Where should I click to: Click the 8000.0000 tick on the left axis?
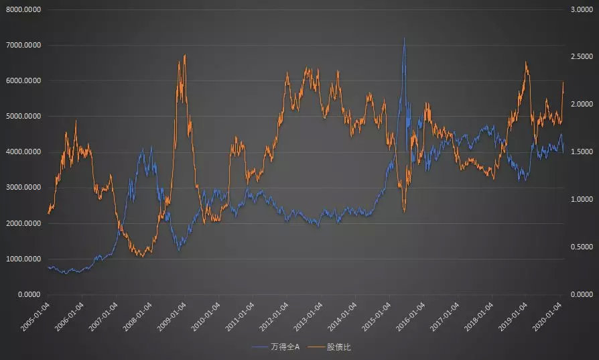(23, 10)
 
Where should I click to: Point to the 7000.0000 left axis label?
(23, 46)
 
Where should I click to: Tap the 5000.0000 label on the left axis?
(23, 117)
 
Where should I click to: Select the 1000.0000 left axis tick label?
(23, 259)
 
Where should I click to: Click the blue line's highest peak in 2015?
(404, 38)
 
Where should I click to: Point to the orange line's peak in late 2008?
(185, 55)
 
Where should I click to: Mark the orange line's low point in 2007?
(143, 256)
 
